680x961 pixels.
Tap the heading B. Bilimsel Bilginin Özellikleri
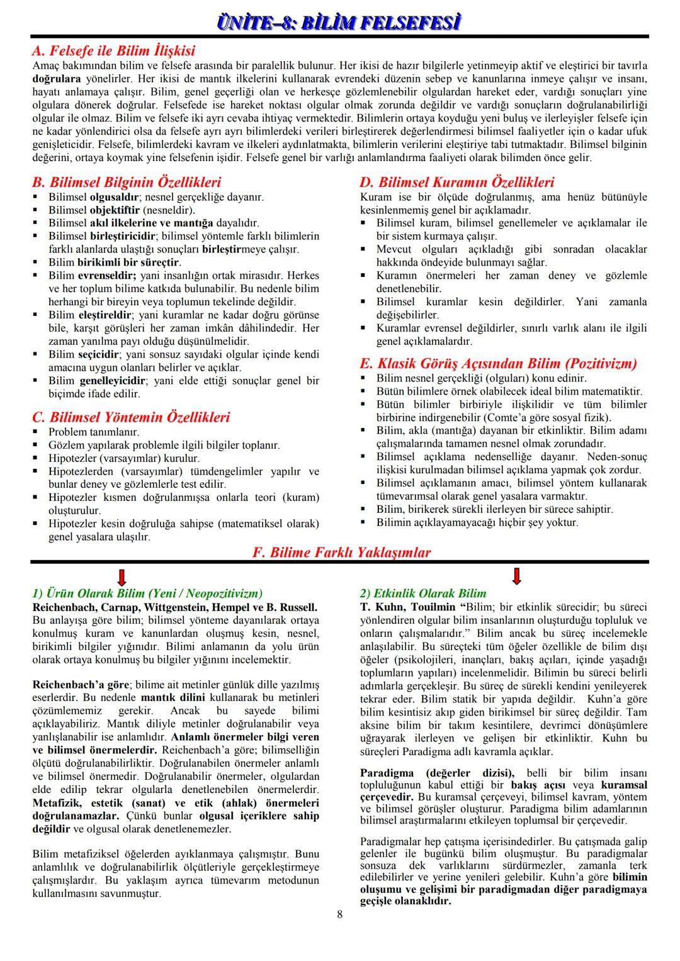[127, 183]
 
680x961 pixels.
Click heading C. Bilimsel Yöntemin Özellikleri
[131, 417]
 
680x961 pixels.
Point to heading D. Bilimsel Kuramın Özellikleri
[456, 183]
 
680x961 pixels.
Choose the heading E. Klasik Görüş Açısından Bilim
[498, 363]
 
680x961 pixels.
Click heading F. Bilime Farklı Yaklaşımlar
[341, 553]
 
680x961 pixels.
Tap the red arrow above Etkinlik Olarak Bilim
[516, 576]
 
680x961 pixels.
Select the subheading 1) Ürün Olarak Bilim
[147, 593]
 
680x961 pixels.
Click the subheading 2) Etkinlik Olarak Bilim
[423, 593]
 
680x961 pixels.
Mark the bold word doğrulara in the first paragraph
[57, 79]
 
